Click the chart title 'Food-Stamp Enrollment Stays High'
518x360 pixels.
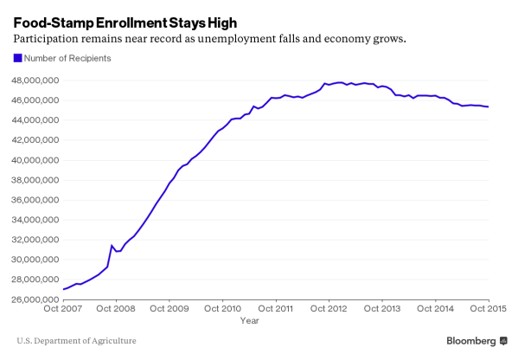[x=125, y=20]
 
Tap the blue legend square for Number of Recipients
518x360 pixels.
[x=16, y=58]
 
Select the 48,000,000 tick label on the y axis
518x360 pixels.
[x=35, y=80]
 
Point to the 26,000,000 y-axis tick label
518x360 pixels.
[x=35, y=299]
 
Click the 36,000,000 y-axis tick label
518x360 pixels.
[x=35, y=200]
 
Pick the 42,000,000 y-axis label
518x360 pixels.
[x=35, y=140]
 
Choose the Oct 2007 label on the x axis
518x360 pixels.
[x=64, y=309]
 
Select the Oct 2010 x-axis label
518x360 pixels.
[x=222, y=309]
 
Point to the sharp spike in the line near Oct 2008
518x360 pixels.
[x=111, y=246]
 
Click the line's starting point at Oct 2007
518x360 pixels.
[x=64, y=289]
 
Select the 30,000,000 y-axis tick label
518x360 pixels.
[x=35, y=260]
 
